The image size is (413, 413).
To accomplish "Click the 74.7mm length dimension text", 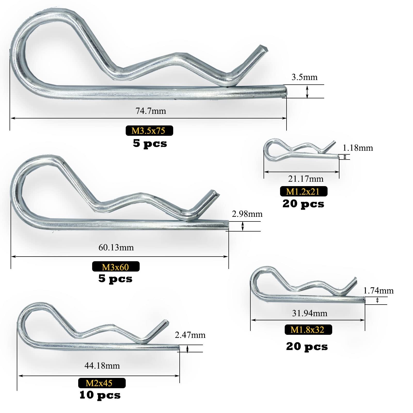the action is (151, 111).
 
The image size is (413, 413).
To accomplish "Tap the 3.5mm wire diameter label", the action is (304, 77).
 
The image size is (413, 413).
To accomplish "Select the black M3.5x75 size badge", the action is (149, 131).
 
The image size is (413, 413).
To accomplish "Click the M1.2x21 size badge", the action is (304, 191).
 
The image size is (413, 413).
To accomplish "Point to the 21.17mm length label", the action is (306, 179).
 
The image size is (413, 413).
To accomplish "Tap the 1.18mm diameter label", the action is (358, 148).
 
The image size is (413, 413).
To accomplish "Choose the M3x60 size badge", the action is (116, 267).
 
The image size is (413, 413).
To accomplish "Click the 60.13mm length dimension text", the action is (116, 248).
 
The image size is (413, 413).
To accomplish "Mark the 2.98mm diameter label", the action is (247, 214).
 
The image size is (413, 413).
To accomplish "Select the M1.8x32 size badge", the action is (308, 330).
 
